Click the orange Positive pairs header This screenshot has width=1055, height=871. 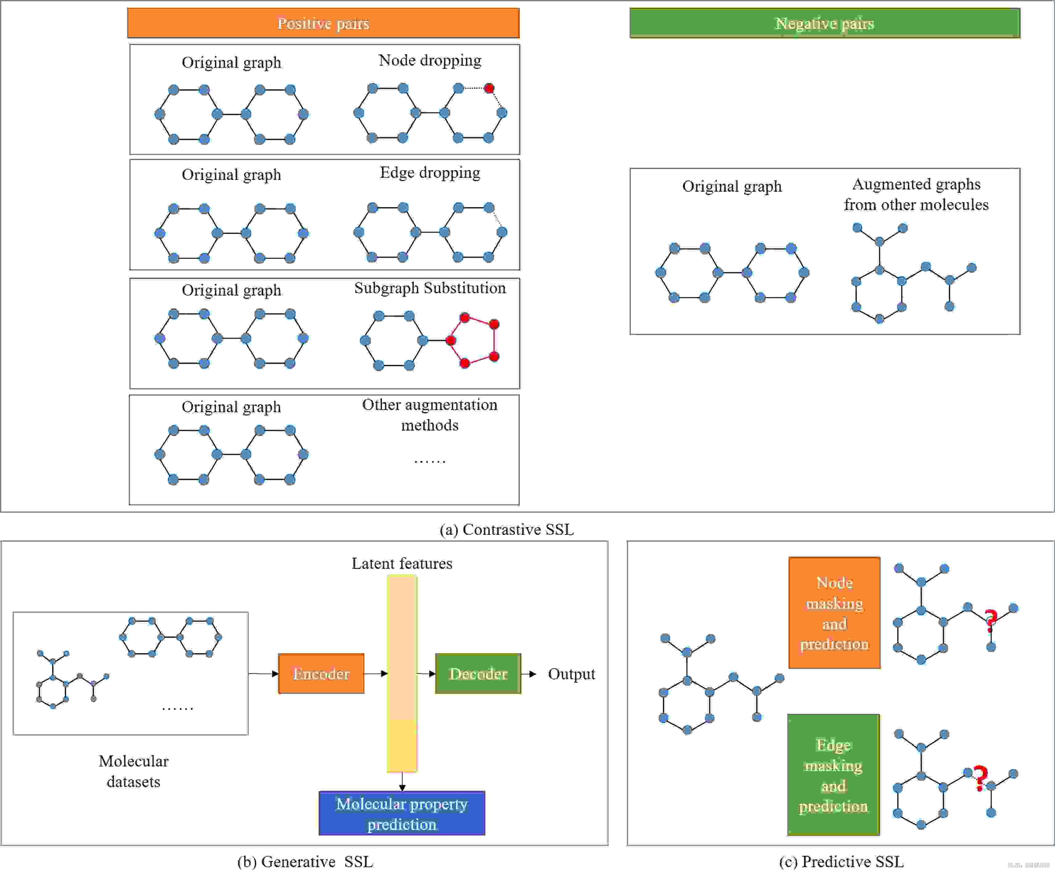323,23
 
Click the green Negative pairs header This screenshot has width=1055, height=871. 825,23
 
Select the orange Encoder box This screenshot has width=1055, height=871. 321,673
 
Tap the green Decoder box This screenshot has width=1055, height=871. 478,673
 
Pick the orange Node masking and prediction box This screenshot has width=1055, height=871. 834,613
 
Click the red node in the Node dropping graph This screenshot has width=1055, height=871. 489,88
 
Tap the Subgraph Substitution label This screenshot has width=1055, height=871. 430,288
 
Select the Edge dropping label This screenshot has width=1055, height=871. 430,173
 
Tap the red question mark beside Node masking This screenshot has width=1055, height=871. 990,621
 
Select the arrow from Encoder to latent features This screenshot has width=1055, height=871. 376,673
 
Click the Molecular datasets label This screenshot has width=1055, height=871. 133,771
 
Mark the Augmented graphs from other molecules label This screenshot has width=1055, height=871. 916,194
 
